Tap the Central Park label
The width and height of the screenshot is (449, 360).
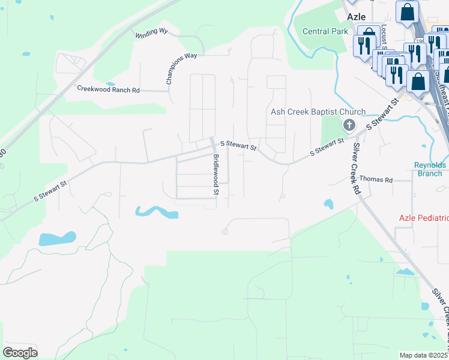(x=325, y=31)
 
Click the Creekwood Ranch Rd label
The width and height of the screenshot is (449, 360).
(x=108, y=89)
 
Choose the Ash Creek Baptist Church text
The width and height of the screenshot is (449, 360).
(x=318, y=112)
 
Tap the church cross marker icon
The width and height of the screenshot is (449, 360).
(x=348, y=125)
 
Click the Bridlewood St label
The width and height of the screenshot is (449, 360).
(x=217, y=175)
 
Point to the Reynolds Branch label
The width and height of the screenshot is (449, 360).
(x=429, y=169)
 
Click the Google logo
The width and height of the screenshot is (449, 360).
(x=20, y=352)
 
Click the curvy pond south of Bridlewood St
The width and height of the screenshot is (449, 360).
(x=155, y=212)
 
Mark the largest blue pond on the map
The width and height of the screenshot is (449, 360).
(x=58, y=238)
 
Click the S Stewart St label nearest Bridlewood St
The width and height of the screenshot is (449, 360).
(x=238, y=145)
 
